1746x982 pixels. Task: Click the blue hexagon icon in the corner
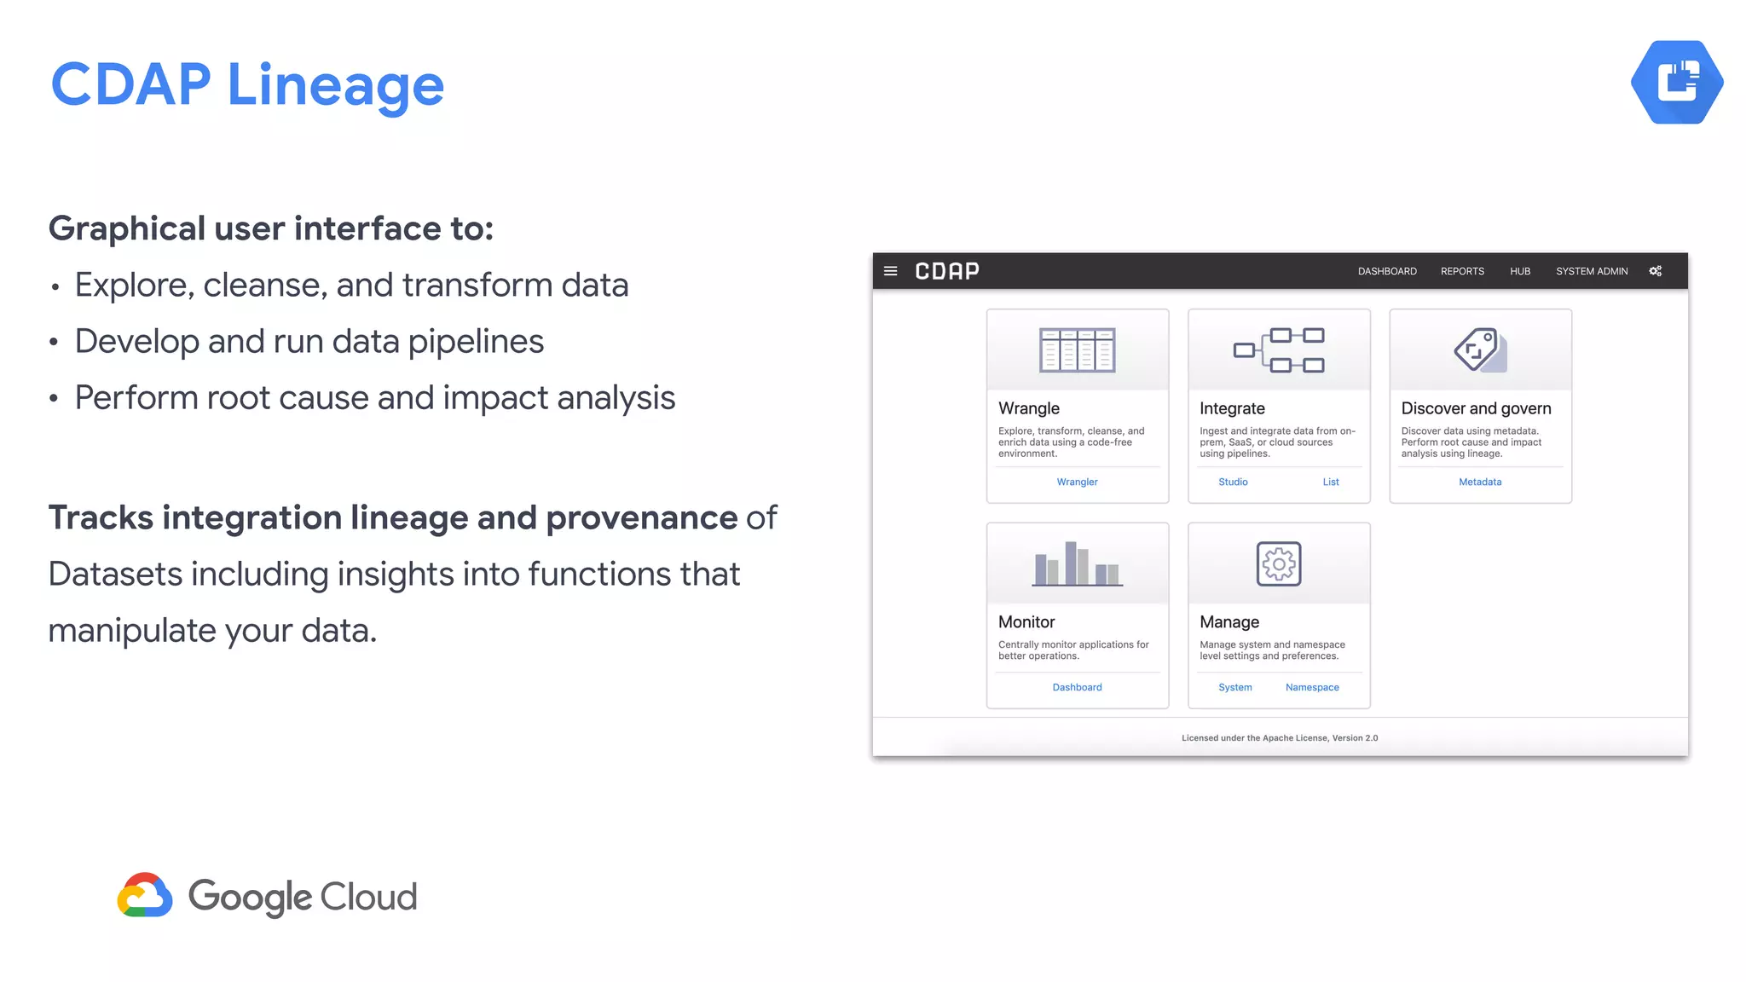1677,83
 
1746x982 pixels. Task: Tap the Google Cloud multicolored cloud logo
145,895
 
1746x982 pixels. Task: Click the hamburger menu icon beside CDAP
891,271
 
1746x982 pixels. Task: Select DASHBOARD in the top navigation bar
1387,271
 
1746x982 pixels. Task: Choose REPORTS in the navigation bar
1462,271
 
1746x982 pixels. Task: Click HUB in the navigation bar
1520,271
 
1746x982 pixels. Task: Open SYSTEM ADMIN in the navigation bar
1592,271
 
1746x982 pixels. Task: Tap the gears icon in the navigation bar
1656,271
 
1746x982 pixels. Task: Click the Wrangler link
1077,482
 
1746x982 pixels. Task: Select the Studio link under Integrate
1233,482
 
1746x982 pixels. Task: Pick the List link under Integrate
1331,482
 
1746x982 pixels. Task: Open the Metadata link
1480,482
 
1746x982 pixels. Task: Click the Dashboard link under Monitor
1077,687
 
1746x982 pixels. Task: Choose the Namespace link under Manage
1312,687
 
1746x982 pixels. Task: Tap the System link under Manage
1235,687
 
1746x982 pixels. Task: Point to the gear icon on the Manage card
1279,563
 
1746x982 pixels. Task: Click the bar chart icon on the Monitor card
1077,563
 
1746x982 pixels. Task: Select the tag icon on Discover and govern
1480,349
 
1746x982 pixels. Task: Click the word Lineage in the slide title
336,86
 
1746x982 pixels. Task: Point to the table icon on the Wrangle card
1077,349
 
